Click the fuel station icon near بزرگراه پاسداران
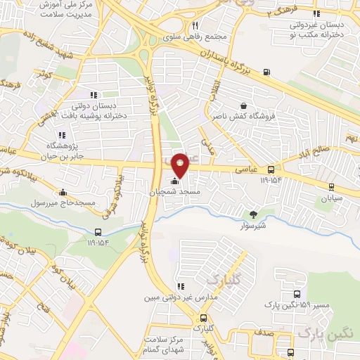(x=266, y=72)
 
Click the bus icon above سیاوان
(x=331, y=186)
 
